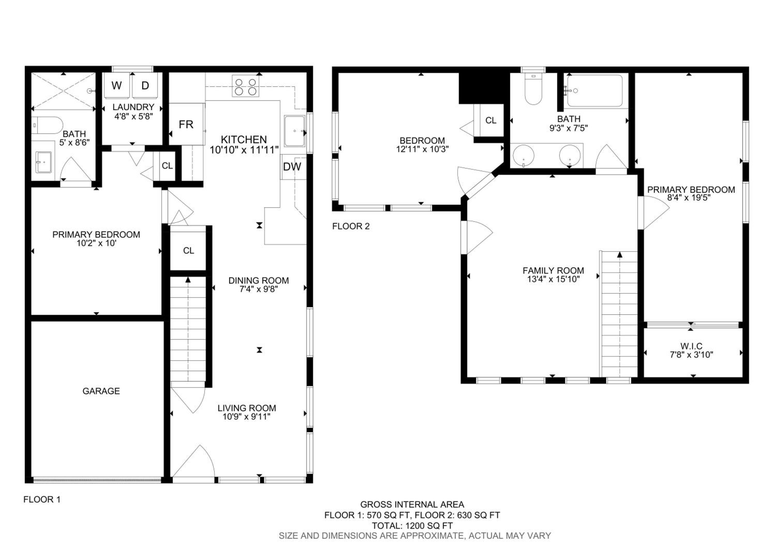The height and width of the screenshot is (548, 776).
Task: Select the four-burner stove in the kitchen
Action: tap(245, 86)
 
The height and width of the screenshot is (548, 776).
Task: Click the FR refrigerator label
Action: tap(186, 125)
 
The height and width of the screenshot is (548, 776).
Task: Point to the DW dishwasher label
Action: tap(292, 166)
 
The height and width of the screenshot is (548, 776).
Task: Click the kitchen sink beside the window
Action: tap(294, 131)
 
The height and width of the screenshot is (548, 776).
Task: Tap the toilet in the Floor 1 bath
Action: tap(47, 125)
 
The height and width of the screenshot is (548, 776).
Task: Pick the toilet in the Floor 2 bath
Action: tap(533, 89)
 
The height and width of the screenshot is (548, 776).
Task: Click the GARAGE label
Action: tap(101, 391)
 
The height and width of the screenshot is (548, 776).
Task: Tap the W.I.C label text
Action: tap(691, 346)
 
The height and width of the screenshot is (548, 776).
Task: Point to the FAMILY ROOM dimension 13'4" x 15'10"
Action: tap(553, 279)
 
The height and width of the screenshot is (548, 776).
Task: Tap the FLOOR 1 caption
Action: tap(42, 499)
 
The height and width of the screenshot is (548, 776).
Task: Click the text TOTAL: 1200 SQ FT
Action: tap(412, 526)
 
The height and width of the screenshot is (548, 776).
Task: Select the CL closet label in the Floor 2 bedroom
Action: tap(491, 120)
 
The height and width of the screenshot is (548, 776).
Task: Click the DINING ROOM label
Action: tap(259, 280)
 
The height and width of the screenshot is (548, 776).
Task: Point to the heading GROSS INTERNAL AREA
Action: tap(412, 504)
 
